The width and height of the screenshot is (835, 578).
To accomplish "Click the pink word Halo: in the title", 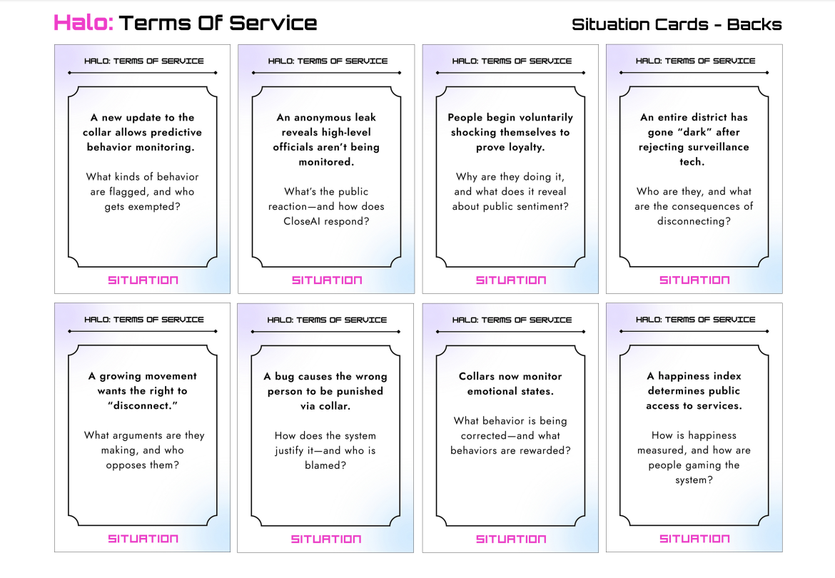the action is click(83, 23).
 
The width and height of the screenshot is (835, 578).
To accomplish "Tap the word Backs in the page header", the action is click(754, 24).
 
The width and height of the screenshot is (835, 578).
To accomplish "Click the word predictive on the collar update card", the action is click(175, 133).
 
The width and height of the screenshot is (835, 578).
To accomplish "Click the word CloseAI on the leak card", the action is click(303, 221).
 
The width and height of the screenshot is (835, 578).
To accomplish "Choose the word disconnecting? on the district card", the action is click(694, 221).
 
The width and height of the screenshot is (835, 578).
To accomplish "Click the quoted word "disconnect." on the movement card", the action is click(142, 405).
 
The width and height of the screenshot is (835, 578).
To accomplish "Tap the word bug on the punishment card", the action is click(284, 377).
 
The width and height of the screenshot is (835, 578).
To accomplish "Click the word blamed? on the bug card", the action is click(325, 465).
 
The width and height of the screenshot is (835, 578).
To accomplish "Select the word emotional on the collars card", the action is click(490, 391).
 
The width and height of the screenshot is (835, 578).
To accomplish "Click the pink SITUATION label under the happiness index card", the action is click(694, 539).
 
